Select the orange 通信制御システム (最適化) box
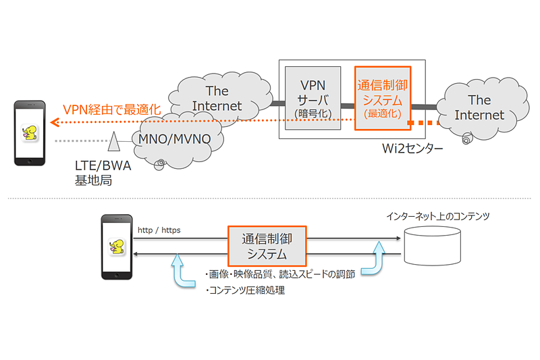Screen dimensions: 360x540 point(383,98)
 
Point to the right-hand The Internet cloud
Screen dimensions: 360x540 point(479,108)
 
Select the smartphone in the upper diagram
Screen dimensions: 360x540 point(30,133)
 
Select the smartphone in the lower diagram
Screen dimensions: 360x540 point(115,247)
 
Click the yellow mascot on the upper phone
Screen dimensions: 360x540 point(30,131)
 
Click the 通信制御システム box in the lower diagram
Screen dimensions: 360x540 point(265,247)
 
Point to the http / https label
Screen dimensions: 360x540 point(159,230)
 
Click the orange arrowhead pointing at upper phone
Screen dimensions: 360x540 point(56,123)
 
